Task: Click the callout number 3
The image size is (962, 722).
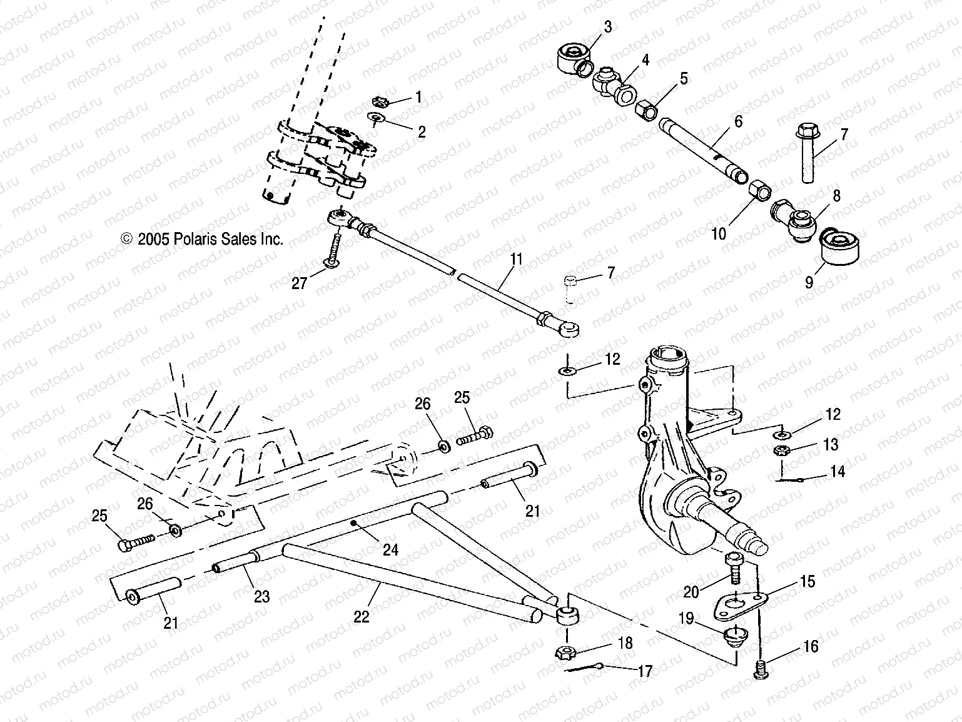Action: click(x=607, y=27)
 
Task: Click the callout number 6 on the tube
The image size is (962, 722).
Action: click(x=738, y=121)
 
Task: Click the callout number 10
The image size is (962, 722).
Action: click(x=719, y=233)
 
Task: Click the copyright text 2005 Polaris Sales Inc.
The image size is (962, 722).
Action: click(x=202, y=238)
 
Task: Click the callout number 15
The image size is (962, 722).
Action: click(x=808, y=581)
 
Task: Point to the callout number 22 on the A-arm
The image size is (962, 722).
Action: click(x=362, y=616)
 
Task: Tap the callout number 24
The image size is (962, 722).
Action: click(x=390, y=549)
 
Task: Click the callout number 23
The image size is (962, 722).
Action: click(x=261, y=596)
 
